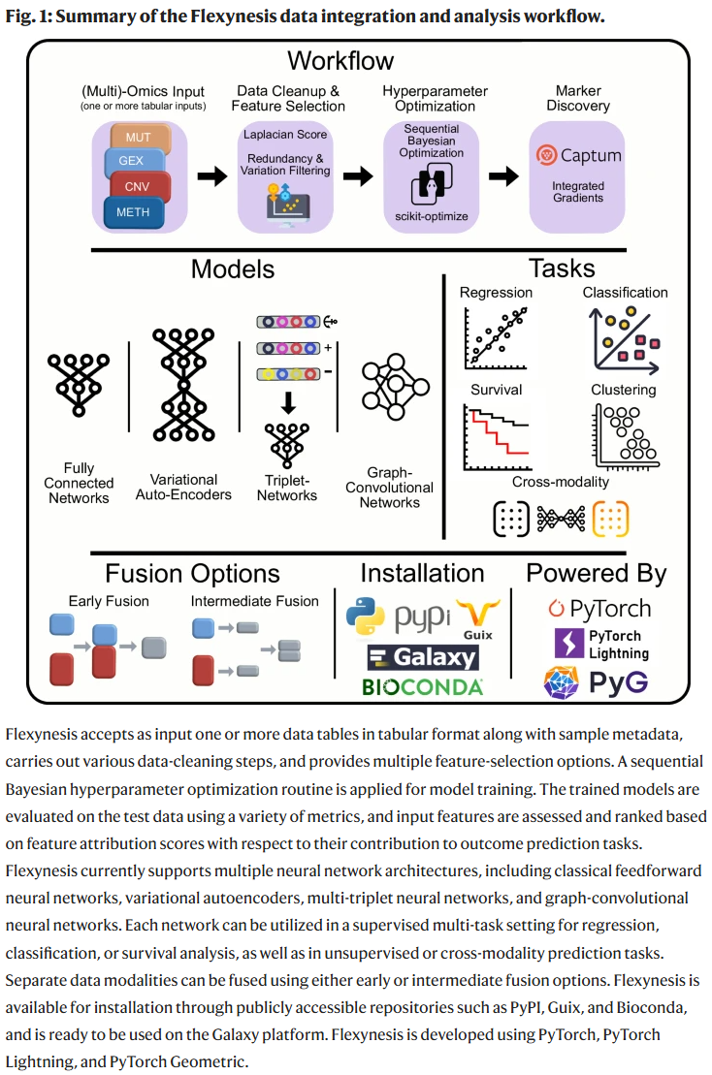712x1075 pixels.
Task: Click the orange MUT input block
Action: pos(146,138)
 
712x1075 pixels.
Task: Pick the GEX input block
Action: pos(132,160)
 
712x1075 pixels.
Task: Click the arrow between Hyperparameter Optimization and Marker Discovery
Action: pos(502,176)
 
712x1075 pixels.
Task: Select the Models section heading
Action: pos(232,269)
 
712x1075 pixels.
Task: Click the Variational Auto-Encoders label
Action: pos(191,487)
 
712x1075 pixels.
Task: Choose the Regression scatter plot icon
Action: pos(496,332)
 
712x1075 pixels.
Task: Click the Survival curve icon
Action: pos(496,436)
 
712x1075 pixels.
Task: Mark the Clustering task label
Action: pos(624,390)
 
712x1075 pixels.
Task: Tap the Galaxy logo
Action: pos(422,658)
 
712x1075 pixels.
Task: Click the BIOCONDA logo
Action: pos(422,687)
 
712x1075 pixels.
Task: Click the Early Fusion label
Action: pos(109,601)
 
